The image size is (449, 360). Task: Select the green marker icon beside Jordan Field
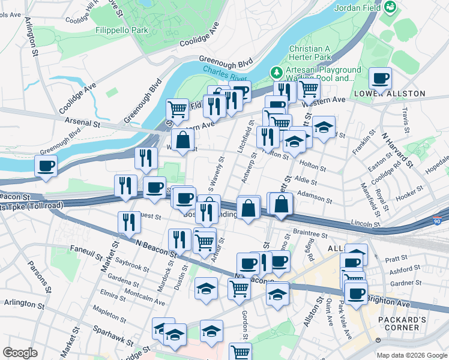pos(390,7)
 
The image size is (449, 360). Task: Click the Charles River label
pos(224,74)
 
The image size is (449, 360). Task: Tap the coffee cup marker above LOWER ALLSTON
pos(380,79)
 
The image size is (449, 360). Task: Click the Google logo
pos(20,353)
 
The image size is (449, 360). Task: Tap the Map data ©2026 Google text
pos(411,355)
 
